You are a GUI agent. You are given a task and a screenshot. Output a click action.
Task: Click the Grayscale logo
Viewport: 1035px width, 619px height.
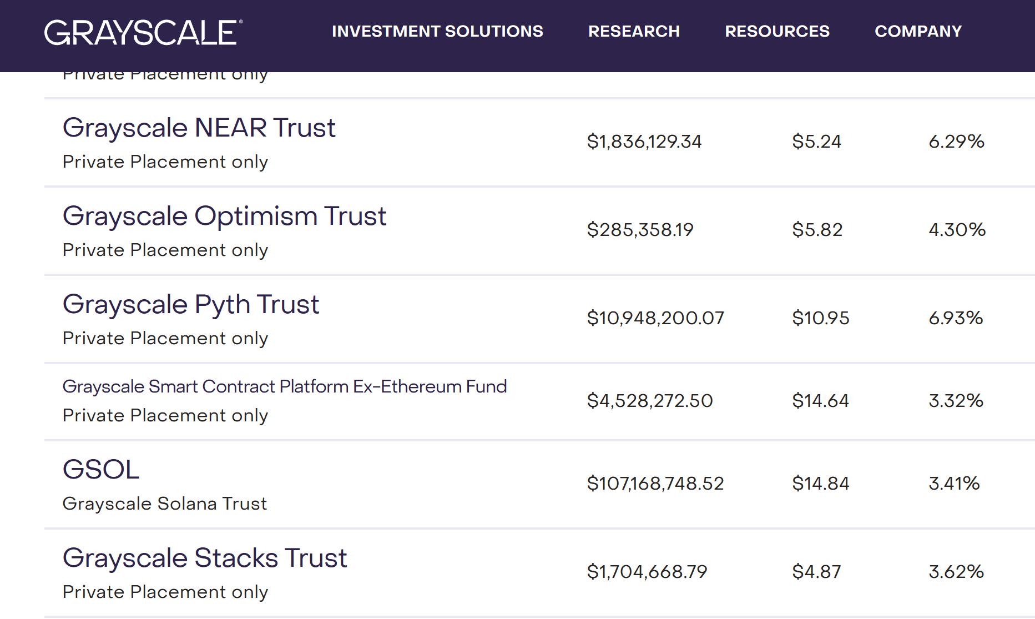click(x=143, y=32)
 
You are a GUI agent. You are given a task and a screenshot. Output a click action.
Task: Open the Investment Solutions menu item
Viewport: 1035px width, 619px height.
click(x=437, y=32)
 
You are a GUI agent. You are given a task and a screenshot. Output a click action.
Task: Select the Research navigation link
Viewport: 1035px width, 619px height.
click(x=634, y=32)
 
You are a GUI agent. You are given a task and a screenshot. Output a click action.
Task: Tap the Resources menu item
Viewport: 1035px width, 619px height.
click(x=777, y=32)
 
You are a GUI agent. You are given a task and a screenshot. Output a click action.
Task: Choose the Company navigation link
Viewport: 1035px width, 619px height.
click(x=918, y=32)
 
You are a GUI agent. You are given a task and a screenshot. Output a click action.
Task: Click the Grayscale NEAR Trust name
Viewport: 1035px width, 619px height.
click(x=199, y=128)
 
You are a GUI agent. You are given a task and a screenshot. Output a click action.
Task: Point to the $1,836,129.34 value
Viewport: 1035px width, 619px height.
click(x=644, y=142)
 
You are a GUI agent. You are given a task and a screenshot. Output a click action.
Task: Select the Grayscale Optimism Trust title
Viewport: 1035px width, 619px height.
click(x=224, y=217)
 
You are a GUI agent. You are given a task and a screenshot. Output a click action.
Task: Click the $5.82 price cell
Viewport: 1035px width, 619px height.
click(x=817, y=230)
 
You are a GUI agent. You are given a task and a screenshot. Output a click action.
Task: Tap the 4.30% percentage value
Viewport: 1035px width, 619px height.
click(x=957, y=230)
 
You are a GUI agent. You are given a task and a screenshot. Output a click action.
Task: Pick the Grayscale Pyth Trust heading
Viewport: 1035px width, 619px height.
click(x=190, y=305)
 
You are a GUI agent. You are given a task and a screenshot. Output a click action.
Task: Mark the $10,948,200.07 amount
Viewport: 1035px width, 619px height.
click(x=655, y=318)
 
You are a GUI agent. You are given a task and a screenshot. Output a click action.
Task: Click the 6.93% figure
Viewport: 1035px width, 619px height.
click(x=956, y=318)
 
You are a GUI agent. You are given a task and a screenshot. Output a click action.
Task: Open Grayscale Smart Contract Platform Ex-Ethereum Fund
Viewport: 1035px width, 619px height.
click(x=284, y=386)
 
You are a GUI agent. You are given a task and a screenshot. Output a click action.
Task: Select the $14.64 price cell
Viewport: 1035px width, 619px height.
click(x=820, y=401)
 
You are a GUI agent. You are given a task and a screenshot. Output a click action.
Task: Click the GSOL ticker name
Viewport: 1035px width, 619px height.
click(x=101, y=470)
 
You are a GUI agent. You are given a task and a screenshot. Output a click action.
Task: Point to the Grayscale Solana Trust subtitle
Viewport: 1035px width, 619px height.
click(x=164, y=504)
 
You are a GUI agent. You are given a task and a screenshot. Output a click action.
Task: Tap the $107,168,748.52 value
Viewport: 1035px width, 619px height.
click(x=655, y=484)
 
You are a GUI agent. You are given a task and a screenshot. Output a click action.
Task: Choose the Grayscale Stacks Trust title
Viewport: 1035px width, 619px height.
click(x=204, y=558)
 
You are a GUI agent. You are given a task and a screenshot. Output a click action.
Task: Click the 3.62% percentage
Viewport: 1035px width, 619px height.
click(x=956, y=572)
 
